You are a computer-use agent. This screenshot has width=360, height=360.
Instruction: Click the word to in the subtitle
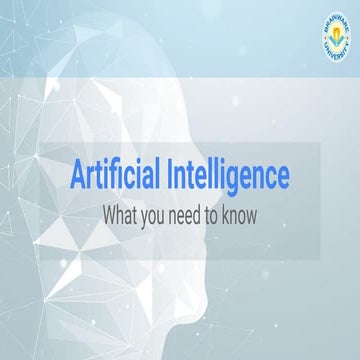point(232,212)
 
